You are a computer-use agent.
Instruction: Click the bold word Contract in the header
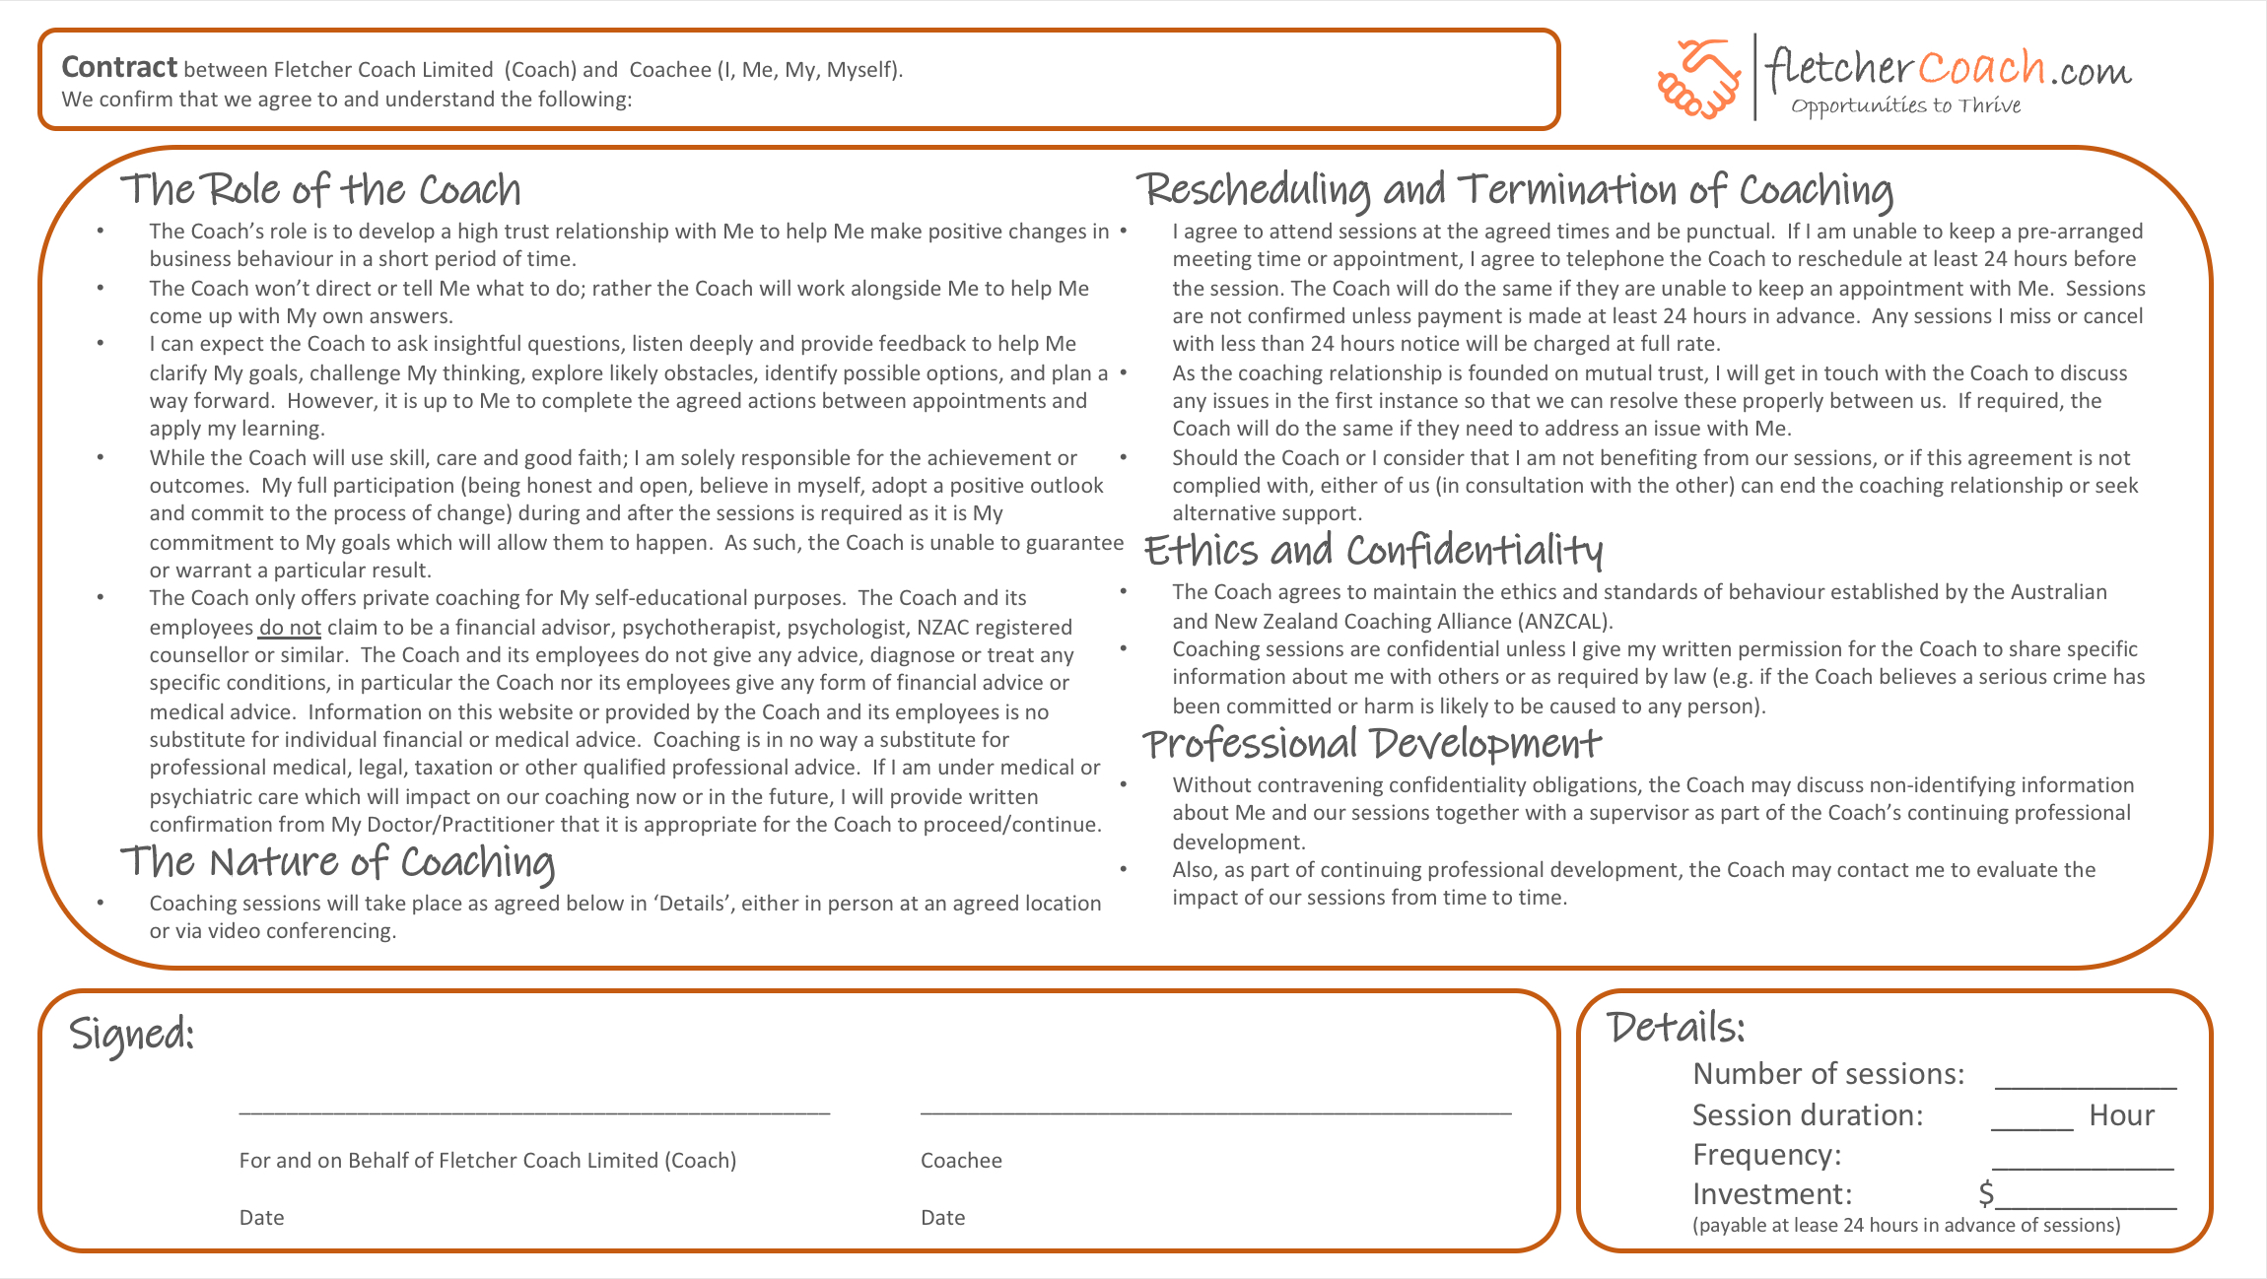pos(119,67)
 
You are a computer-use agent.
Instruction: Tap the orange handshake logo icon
pos(1698,79)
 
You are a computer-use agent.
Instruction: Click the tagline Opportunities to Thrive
pos(1905,105)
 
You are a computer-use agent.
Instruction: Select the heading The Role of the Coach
pos(320,189)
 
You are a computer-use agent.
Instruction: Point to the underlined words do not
pos(290,628)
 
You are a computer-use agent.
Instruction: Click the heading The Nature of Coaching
pos(337,862)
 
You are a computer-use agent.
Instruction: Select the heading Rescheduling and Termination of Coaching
pos(1514,189)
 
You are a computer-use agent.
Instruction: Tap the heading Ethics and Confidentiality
pos(1372,551)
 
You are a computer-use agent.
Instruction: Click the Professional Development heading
pos(1371,744)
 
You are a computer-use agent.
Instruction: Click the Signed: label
pos(132,1034)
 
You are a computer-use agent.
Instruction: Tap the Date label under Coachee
pos(942,1218)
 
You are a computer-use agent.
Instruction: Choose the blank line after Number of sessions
pos(2085,1086)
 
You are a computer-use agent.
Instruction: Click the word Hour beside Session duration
pos(2121,1115)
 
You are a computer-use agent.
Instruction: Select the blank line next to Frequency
pos(2082,1167)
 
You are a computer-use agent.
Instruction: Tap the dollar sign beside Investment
pos(1986,1194)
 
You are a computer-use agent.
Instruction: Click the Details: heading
pos(1676,1028)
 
